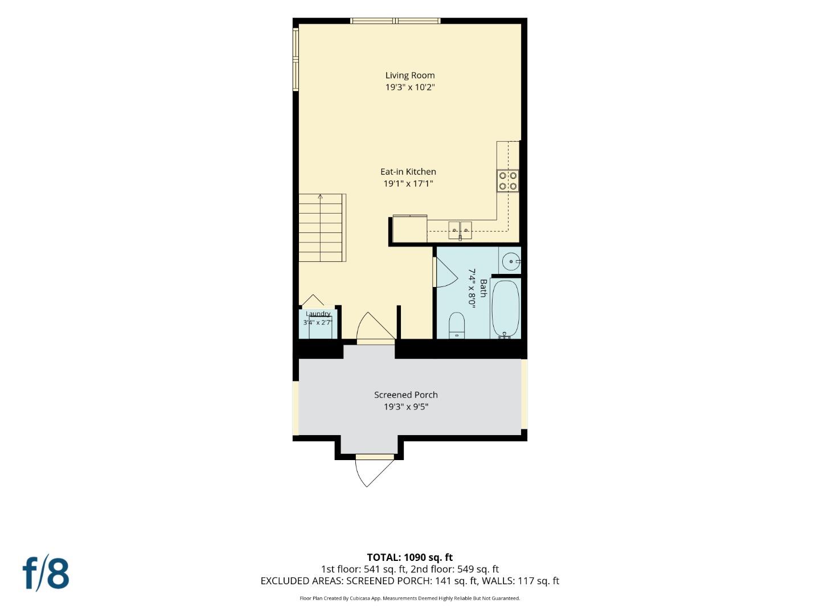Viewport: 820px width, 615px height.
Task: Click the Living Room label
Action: click(410, 75)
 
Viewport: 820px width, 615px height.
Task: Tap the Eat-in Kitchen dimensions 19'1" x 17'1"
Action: click(408, 184)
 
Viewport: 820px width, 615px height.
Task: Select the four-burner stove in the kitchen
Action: click(508, 181)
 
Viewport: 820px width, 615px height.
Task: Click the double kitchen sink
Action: click(460, 230)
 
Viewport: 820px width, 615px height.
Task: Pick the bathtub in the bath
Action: click(506, 310)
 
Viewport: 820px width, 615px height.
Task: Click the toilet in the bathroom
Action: click(456, 325)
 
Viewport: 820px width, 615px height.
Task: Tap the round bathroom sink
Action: click(511, 261)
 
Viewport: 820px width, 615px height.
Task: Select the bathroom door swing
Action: click(446, 272)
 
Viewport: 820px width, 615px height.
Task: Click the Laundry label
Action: click(318, 314)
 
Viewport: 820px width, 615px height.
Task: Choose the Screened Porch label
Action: click(405, 395)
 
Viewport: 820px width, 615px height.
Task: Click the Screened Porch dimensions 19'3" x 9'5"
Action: click(405, 407)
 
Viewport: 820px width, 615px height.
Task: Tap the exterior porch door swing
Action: click(370, 473)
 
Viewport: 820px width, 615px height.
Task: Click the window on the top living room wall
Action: click(395, 20)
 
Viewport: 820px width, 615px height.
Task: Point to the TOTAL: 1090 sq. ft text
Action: click(410, 557)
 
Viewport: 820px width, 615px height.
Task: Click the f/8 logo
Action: click(46, 575)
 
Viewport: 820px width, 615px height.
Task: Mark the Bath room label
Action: click(483, 288)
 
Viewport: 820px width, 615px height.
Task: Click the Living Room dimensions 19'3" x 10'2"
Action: click(410, 87)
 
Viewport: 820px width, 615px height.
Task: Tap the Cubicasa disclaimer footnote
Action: click(410, 598)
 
